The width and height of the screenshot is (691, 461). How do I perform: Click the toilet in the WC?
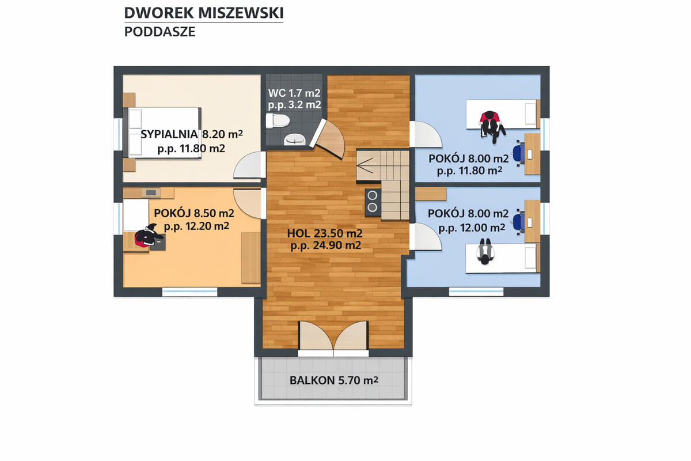click(277, 120)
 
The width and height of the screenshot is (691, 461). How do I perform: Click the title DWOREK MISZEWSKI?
click(204, 13)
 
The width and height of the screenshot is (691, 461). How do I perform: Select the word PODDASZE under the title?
click(160, 32)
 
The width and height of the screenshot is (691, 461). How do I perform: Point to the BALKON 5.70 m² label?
click(334, 380)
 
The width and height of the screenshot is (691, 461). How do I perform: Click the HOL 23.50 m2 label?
click(325, 233)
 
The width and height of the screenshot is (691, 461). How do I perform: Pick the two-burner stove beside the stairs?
click(372, 202)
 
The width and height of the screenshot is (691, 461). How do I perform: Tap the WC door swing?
click(331, 138)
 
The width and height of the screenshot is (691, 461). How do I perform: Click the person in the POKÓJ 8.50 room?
click(145, 237)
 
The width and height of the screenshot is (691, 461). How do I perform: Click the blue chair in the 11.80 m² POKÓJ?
click(518, 152)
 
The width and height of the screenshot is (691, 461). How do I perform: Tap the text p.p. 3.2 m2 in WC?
click(294, 105)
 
